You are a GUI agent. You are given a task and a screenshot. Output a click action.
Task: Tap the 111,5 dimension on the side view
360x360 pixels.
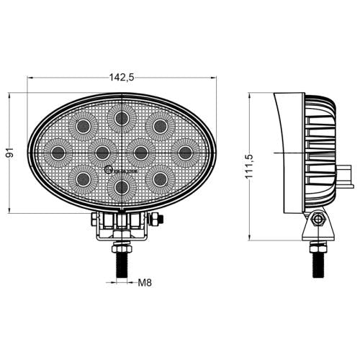pyautogui.click(x=249, y=165)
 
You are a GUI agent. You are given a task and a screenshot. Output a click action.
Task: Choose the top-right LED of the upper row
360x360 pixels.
pyautogui.click(x=158, y=126)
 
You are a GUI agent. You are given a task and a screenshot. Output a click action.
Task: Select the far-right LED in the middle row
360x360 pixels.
pyautogui.click(x=185, y=152)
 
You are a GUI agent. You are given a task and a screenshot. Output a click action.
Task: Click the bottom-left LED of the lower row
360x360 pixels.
pyautogui.click(x=84, y=178)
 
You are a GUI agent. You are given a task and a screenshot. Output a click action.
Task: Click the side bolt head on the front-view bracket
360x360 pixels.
pyautogui.click(x=159, y=219)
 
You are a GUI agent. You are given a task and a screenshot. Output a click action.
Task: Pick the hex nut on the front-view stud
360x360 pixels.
pyautogui.click(x=121, y=246)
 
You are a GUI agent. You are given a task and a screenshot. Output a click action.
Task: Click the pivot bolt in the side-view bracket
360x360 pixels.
pyautogui.click(x=316, y=219)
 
